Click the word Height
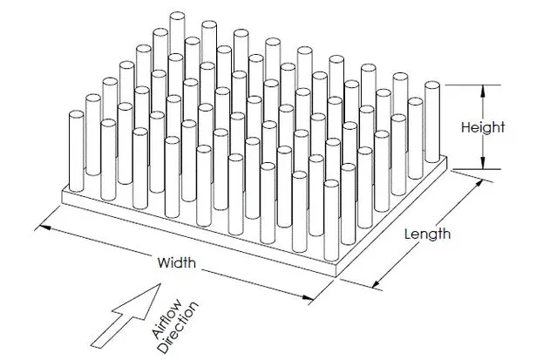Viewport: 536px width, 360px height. pos(484,127)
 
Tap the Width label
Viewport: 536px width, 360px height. pos(177,262)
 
